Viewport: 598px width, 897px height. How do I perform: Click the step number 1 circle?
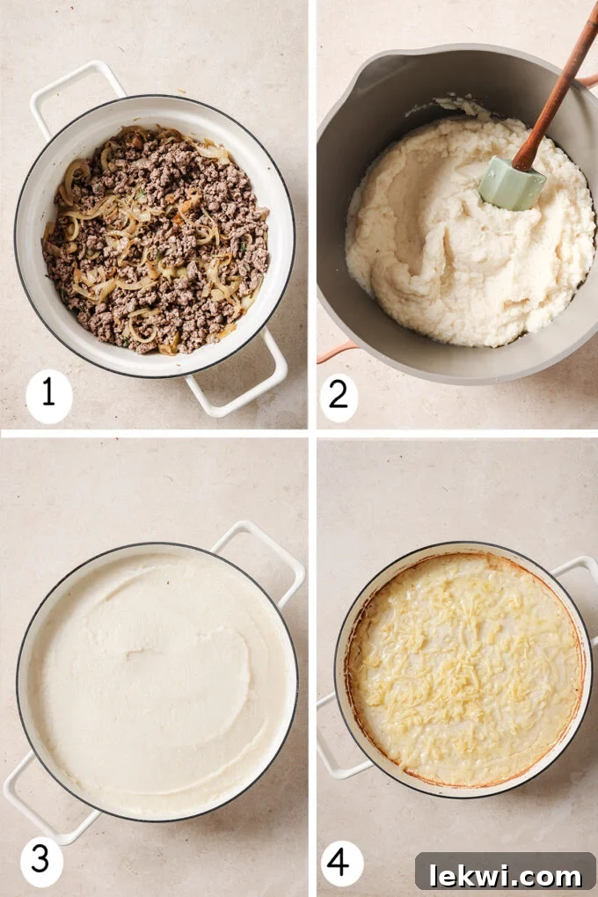[x=48, y=393]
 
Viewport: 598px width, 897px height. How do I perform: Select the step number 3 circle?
[x=41, y=859]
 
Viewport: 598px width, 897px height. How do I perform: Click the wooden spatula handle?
[x=559, y=88]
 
